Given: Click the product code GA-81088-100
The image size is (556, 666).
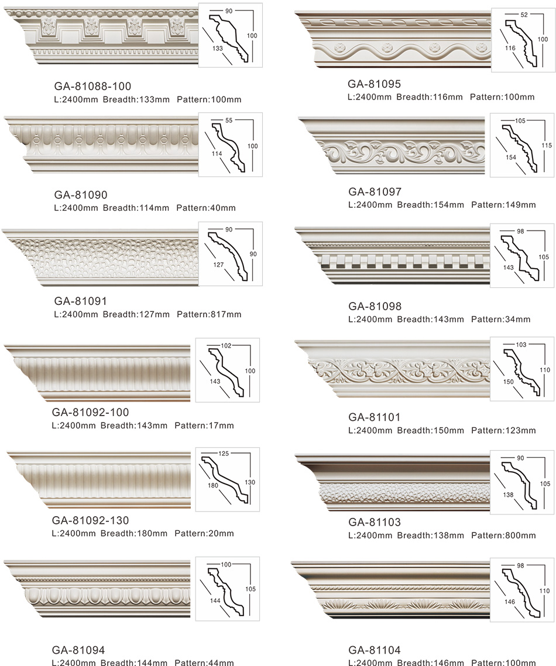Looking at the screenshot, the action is pos(92,86).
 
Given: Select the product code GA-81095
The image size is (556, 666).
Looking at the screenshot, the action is pos(374,84).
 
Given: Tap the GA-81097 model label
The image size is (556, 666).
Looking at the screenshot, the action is pos(375,192).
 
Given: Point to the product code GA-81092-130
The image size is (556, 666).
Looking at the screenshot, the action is pos(91,520).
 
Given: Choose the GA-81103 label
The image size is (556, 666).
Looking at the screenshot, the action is pos(375,522).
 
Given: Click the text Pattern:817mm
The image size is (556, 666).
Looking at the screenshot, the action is pos(209,315).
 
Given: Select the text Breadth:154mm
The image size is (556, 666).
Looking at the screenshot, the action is pos(431,205).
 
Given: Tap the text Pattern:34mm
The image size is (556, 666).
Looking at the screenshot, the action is pos(501,320).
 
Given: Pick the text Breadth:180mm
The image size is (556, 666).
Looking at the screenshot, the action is pos(134,534).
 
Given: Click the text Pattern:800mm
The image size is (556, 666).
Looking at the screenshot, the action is pos(503,535).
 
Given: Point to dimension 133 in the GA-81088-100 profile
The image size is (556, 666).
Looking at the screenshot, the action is pos(218,49).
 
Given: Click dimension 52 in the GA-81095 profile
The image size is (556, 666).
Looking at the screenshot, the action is pos(524,15).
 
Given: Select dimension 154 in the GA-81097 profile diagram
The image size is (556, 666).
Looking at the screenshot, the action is pos(511,157).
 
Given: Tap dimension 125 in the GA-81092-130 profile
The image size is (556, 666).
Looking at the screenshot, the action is pos(224,454).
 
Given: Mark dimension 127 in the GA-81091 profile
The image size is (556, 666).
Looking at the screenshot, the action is pos(218,265).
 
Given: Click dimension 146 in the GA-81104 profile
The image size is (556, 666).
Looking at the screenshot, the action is pos(510,602).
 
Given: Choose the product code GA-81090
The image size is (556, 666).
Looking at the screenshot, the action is pos(81,195).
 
